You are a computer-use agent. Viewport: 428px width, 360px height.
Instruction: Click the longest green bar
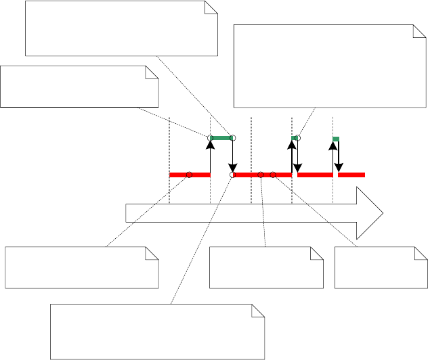pos(221,138)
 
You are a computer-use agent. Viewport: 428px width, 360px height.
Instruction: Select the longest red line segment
pos(262,175)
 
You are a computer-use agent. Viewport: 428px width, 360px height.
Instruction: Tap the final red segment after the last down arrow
pos(351,175)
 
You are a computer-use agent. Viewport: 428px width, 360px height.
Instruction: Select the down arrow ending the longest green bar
pos(232,156)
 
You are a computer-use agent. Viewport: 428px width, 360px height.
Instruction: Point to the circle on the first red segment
pos(189,175)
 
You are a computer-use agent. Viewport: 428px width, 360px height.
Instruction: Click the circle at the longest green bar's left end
pos(211,138)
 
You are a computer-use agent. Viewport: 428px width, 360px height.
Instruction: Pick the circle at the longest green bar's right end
pos(232,138)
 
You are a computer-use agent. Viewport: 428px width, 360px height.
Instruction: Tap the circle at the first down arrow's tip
pos(232,175)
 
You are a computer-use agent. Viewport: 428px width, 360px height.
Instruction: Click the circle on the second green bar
pos(297,138)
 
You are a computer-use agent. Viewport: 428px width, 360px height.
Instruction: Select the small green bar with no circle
pos(336,139)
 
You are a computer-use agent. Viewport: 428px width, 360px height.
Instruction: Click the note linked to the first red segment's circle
pos(82,267)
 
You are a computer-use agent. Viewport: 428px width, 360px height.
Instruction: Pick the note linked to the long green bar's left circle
pos(79,86)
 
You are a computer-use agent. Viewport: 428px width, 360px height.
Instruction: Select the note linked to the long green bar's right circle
pos(121,28)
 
